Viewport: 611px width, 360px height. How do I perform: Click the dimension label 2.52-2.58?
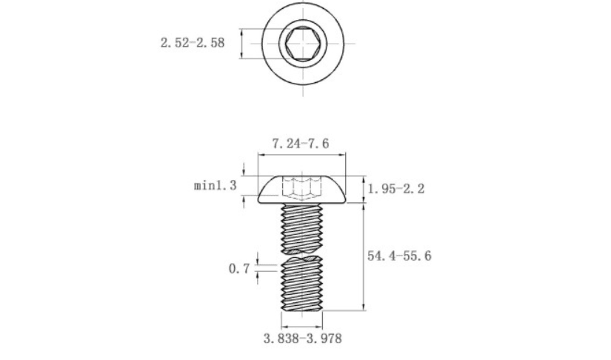tap(193, 42)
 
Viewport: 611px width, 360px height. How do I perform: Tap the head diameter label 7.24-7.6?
tap(301, 144)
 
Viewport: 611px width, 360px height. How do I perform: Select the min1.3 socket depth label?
tap(215, 185)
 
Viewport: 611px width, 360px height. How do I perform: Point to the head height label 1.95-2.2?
tap(396, 189)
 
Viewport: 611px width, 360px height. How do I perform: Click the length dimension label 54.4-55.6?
tap(399, 256)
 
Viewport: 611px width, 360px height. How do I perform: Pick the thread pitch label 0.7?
tap(239, 268)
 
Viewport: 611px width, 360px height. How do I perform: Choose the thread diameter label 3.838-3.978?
tap(303, 339)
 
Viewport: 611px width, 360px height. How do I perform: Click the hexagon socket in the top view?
tap(303, 43)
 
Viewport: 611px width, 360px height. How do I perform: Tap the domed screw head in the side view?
tap(302, 190)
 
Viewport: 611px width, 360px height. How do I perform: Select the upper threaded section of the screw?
tap(302, 228)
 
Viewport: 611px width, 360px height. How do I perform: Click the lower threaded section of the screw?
tap(302, 284)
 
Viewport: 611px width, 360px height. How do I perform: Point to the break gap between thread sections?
tap(302, 254)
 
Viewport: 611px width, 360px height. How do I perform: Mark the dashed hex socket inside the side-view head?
tap(302, 189)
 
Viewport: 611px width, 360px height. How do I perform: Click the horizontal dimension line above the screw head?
tap(302, 155)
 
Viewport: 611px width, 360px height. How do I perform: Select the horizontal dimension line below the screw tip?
tap(302, 327)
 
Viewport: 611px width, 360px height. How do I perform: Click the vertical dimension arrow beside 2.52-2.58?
tap(242, 43)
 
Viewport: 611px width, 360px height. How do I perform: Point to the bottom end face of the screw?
tap(302, 310)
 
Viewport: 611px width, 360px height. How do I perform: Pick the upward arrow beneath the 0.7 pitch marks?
tap(257, 277)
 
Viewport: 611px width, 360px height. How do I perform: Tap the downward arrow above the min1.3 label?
tap(244, 170)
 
